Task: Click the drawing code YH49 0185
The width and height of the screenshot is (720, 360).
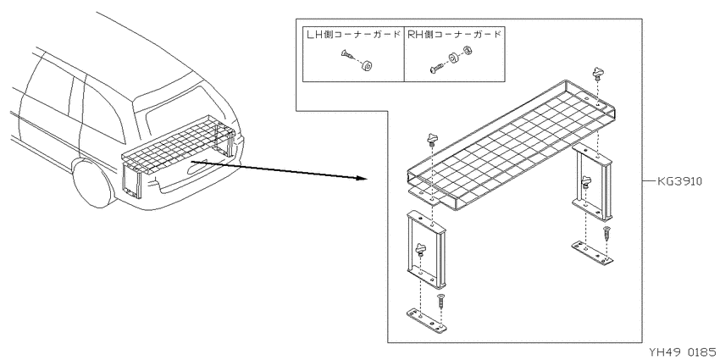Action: pos(683,352)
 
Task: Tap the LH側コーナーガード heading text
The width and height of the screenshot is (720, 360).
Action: pos(353,35)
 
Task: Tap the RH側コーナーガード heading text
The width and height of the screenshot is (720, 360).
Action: pos(455,35)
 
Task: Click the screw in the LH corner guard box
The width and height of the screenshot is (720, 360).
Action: pos(347,56)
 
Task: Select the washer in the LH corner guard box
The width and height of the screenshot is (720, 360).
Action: pos(367,66)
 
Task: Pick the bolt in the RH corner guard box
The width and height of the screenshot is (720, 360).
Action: pos(435,68)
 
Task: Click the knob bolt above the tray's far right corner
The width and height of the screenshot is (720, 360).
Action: pos(597,74)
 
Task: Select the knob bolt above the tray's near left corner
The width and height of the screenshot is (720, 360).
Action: pos(433,138)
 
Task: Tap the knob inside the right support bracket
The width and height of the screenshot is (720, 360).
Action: pos(585,181)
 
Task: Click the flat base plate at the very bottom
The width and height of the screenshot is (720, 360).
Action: pos(427,319)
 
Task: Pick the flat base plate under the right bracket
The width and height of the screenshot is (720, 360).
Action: pos(592,253)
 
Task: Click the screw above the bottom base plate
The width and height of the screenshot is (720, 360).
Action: pos(440,302)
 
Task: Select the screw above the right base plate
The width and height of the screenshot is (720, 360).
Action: pos(606,234)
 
